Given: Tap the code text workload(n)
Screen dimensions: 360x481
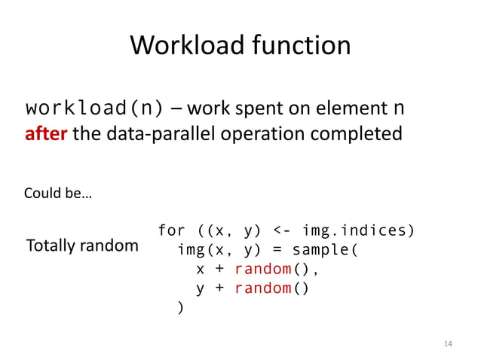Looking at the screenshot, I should (94, 109).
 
